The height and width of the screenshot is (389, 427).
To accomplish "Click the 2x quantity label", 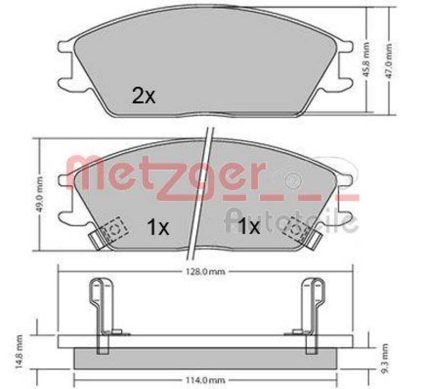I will (144, 95).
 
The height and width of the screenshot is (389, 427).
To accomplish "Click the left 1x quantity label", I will (158, 228).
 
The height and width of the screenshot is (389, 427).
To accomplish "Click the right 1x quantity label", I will (248, 228).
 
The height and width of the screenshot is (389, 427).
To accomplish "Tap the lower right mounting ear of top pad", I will (345, 84).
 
